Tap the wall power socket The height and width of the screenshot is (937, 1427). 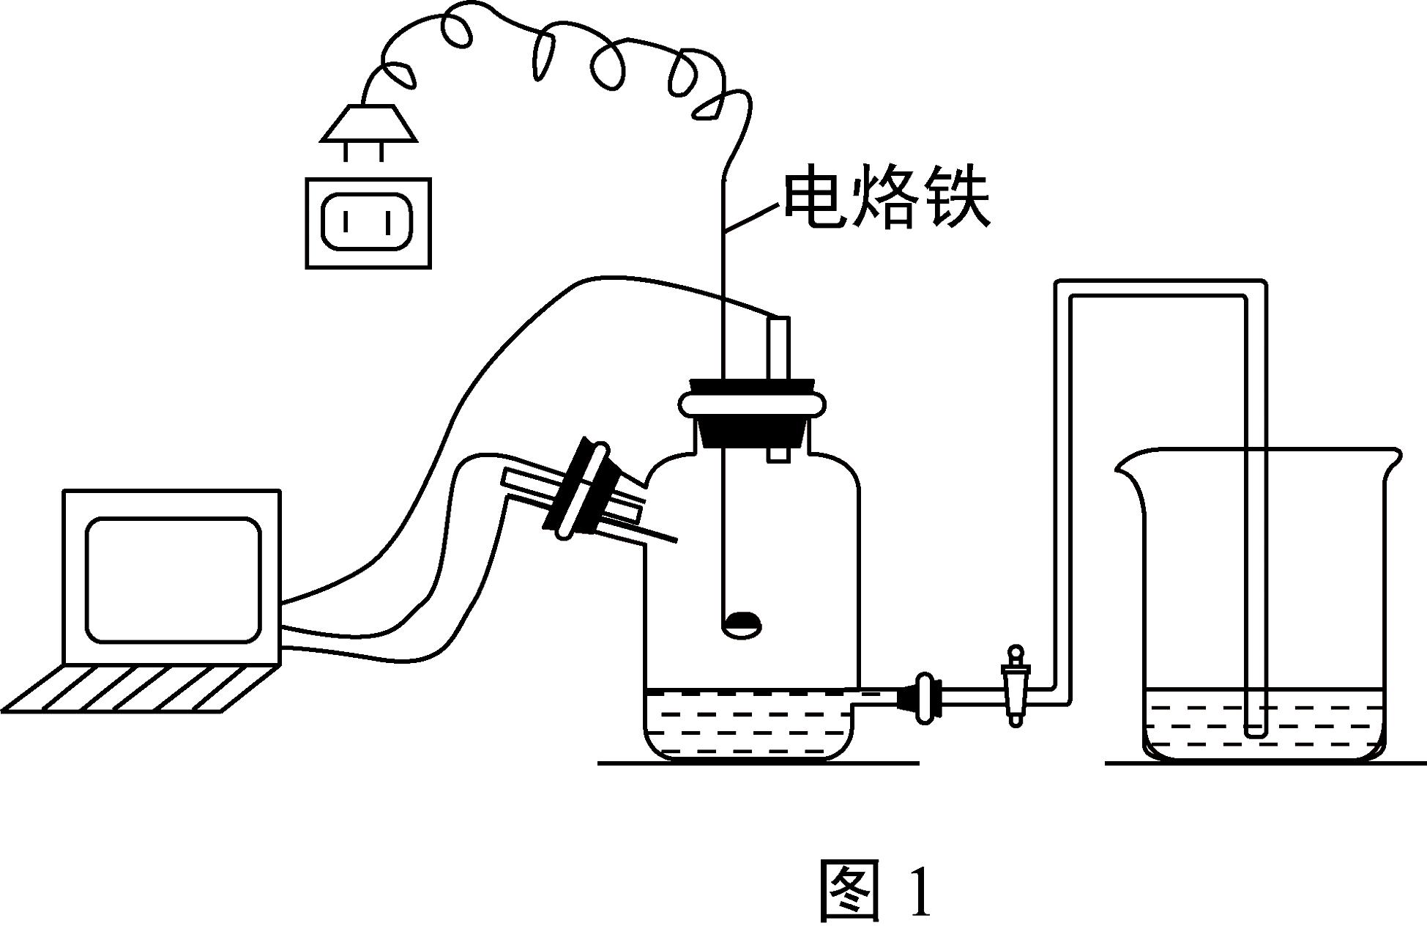tap(368, 223)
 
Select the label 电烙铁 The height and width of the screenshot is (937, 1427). tap(887, 199)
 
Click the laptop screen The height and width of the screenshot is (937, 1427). tap(173, 579)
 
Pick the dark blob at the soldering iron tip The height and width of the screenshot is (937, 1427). tap(742, 623)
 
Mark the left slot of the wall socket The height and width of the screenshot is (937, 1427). tap(345, 221)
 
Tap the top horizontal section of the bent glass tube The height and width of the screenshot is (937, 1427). tap(1160, 288)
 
